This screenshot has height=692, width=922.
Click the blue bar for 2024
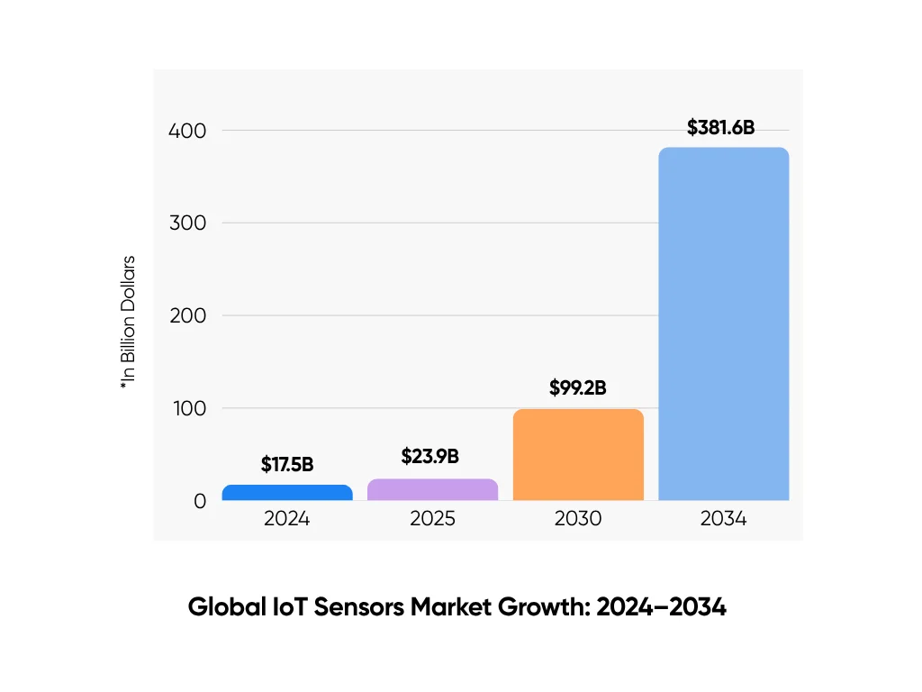[287, 492]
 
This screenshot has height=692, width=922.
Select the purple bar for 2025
[432, 489]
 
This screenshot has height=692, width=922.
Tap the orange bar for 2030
[578, 455]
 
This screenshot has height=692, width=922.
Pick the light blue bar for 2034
[723, 324]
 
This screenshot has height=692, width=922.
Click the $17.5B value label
[287, 465]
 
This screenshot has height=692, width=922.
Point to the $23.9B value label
[430, 457]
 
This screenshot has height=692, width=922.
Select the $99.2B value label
[577, 388]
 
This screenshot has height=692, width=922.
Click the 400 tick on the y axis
[187, 131]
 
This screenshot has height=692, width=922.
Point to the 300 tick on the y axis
[187, 223]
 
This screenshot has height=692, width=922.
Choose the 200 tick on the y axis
[187, 315]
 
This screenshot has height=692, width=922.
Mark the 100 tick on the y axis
[187, 408]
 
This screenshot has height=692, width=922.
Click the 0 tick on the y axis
[200, 501]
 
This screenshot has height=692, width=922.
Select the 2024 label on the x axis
[287, 520]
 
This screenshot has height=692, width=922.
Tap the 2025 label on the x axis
[432, 520]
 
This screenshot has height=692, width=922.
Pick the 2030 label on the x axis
[578, 520]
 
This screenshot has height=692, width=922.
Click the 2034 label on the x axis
[723, 520]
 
